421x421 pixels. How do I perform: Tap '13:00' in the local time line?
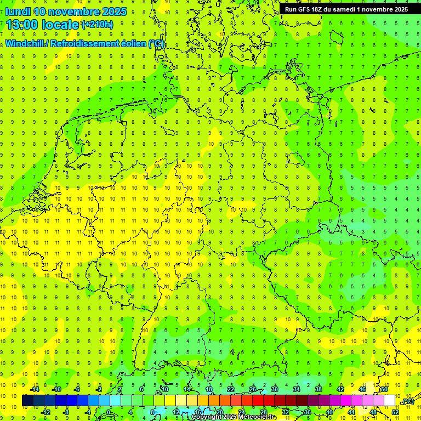pos(22,25)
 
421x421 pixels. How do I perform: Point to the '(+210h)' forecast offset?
pos(98,25)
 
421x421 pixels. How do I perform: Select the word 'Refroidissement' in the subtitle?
pos(86,44)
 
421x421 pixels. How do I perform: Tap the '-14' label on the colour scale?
pos(34,389)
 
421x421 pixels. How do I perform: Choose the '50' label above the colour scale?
pos(384,389)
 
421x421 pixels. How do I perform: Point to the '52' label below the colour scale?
pos(395,412)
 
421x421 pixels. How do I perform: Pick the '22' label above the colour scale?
pos(231,389)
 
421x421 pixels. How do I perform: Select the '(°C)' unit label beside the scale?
pos(408,402)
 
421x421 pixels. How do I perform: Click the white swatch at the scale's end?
pos(389,401)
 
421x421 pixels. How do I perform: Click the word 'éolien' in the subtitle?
pos(134,44)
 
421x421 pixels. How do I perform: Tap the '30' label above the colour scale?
pos(275,389)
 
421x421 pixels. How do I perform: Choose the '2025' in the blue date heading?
pos(114,12)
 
